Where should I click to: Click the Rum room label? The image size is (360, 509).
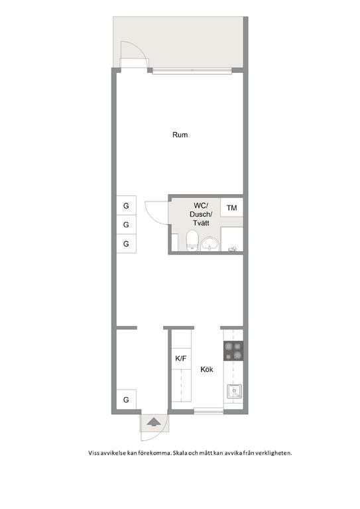[x=180, y=135]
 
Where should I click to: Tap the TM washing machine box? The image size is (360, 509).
[x=232, y=207]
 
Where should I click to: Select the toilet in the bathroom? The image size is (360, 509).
[x=192, y=240]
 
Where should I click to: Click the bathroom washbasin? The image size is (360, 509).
[x=210, y=244]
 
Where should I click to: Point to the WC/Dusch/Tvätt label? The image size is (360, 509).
[x=202, y=214]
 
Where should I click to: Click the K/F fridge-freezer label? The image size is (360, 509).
[x=181, y=359]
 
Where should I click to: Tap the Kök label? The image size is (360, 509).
[x=207, y=369]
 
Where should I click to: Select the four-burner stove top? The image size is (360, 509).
[x=233, y=351]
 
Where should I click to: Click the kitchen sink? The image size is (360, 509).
[x=234, y=391]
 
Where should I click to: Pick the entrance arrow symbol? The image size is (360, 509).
[x=154, y=422]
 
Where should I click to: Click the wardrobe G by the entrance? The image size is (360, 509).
[x=126, y=400]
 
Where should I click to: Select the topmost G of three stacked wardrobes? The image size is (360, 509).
[x=126, y=205]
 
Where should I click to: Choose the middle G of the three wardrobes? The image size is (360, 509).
[x=126, y=224]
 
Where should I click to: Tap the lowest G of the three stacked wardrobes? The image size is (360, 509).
[x=126, y=243]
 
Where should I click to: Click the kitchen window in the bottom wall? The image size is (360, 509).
[x=208, y=411]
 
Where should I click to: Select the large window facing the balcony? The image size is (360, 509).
[x=192, y=71]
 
